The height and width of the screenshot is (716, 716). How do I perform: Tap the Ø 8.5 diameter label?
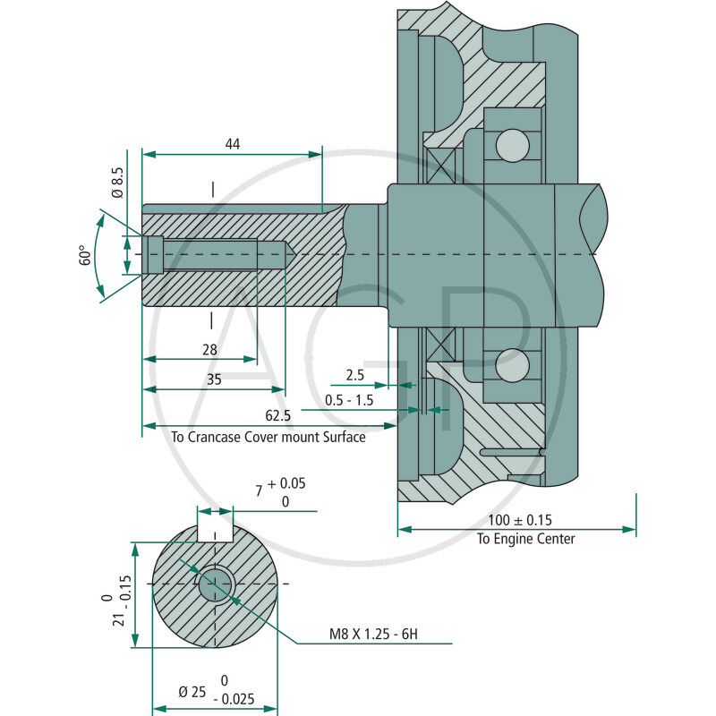[117, 182]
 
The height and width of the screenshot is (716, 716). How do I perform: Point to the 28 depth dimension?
[209, 350]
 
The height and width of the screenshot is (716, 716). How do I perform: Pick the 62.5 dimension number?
[277, 416]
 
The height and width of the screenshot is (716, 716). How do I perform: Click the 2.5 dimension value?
[355, 373]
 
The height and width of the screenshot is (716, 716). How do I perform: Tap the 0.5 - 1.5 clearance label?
[350, 399]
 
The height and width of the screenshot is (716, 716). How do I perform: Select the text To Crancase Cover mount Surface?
[268, 438]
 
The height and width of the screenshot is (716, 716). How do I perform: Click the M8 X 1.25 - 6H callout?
[373, 635]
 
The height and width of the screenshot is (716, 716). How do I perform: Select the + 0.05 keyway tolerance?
[286, 483]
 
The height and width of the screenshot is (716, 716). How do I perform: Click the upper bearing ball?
[512, 143]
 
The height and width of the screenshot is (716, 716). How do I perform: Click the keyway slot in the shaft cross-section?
[215, 533]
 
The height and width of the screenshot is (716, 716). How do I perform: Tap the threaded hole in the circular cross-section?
[214, 585]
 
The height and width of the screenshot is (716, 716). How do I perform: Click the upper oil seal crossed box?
[440, 165]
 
